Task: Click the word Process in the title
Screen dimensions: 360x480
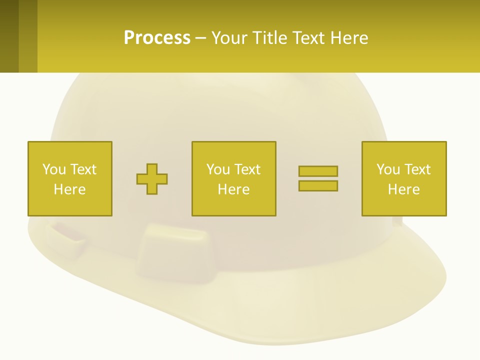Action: pos(157,38)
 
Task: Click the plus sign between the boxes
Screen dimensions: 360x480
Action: pos(152,179)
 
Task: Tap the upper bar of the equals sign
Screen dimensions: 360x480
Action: pos(318,171)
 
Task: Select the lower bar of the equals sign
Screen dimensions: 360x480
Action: pos(318,185)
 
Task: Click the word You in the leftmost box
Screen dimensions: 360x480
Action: pos(54,169)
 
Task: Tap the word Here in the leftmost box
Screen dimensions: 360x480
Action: pos(70,189)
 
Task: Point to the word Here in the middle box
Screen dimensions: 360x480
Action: pos(234,189)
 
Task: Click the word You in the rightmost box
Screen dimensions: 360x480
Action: pos(388,169)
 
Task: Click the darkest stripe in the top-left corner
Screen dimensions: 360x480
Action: pos(9,36)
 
